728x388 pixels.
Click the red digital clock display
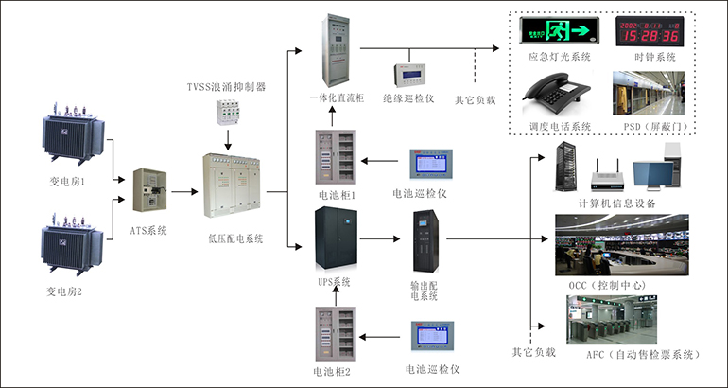pos(648,30)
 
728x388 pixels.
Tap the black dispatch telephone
pos(558,96)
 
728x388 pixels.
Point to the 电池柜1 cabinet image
pos(336,158)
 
